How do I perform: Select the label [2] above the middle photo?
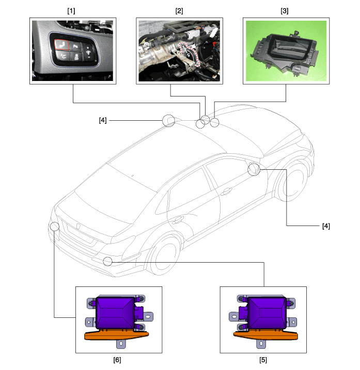(x=179, y=10)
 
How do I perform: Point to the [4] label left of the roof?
(x=103, y=120)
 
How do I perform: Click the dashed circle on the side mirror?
(x=254, y=169)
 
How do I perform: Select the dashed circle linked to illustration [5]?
(x=107, y=261)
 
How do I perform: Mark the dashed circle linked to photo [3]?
(x=214, y=123)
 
